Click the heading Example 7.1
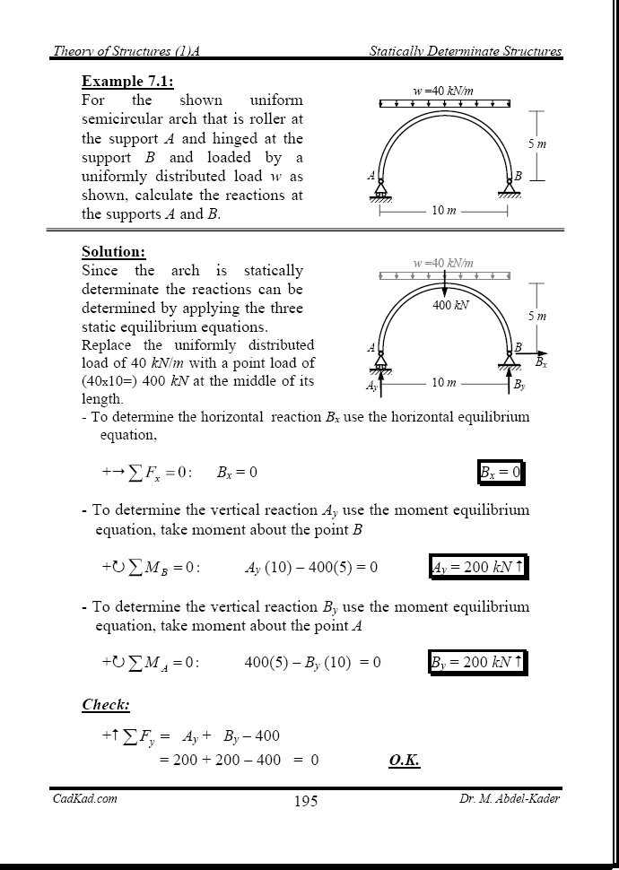click(127, 81)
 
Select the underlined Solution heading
click(113, 252)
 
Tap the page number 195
click(305, 801)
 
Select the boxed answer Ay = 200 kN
click(477, 567)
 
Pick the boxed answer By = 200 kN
click(477, 663)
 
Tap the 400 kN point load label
click(451, 305)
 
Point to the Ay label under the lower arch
click(372, 386)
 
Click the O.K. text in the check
click(405, 761)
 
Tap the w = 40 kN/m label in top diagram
click(443, 91)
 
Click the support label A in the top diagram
click(371, 176)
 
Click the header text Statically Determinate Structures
click(466, 52)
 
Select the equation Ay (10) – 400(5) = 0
click(310, 568)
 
